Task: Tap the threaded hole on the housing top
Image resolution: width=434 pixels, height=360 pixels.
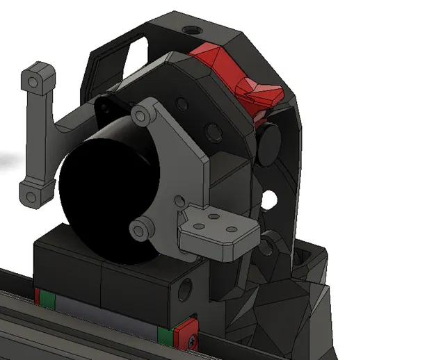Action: (190, 31)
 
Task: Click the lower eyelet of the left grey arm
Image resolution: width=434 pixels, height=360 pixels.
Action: (31, 195)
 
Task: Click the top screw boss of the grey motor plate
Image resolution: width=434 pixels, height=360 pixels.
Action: (145, 113)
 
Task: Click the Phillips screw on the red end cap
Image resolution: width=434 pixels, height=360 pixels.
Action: (190, 338)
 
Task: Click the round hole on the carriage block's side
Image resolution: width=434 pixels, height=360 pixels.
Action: (185, 286)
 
